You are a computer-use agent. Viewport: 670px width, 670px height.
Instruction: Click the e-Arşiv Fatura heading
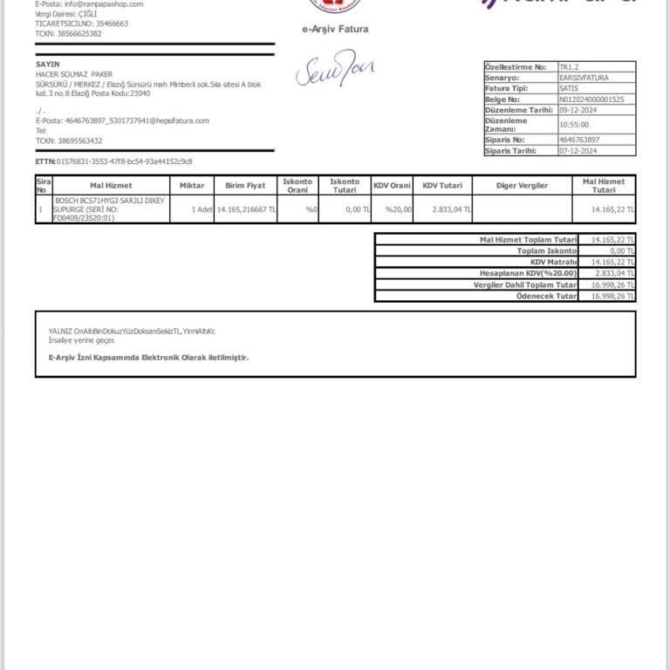click(335, 29)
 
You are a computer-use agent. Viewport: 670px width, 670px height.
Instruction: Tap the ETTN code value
click(125, 161)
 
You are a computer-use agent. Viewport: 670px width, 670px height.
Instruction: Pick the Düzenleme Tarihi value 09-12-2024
click(578, 109)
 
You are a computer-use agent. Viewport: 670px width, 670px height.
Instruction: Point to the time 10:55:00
click(573, 124)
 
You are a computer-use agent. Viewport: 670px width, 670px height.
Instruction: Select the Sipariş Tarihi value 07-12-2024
click(578, 151)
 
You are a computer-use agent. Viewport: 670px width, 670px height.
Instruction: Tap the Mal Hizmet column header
click(111, 186)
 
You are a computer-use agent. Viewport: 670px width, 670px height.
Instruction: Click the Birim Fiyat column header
click(245, 186)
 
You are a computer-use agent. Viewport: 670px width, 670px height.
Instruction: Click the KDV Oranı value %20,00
click(398, 209)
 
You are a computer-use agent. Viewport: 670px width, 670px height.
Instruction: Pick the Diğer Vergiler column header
click(522, 186)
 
